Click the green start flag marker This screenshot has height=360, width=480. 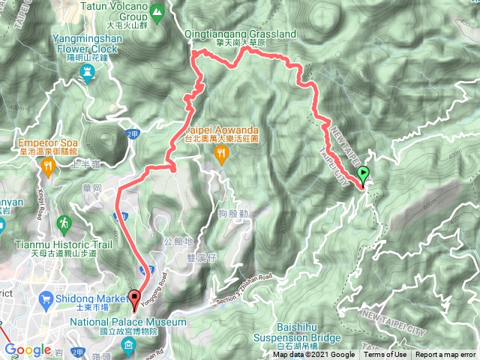[364, 175]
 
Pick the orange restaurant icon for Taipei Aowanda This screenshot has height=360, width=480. [220, 154]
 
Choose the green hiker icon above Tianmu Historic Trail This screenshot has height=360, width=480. [64, 223]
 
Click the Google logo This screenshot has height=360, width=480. [27, 349]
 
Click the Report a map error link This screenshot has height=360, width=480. [445, 355]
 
